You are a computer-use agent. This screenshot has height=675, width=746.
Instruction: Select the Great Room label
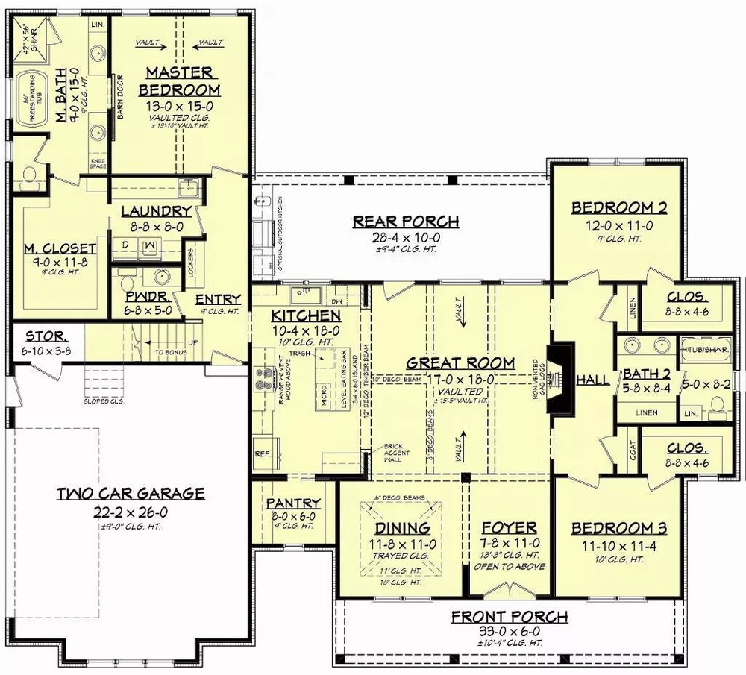(460, 363)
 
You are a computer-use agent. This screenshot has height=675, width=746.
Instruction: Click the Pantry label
(293, 503)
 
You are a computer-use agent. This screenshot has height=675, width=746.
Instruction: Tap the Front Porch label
(510, 617)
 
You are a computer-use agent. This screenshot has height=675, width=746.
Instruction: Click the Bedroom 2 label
(619, 208)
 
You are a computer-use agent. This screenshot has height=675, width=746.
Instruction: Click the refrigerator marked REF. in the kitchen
(262, 453)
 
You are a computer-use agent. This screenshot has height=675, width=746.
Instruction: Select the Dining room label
(402, 529)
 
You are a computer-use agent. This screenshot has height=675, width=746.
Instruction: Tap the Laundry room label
(157, 212)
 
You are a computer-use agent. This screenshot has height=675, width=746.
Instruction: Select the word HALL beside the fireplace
(593, 380)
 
